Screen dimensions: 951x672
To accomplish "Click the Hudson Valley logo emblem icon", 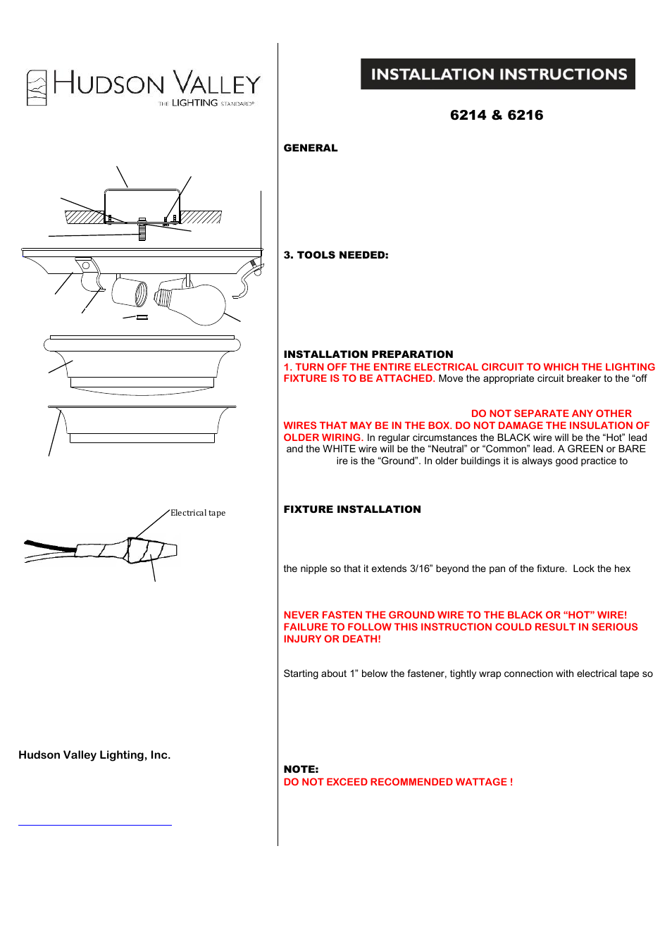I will (37, 88).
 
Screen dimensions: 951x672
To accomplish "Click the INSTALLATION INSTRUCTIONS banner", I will (498, 74).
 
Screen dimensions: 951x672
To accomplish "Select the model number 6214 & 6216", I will (497, 115).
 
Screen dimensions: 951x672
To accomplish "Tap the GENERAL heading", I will (311, 148).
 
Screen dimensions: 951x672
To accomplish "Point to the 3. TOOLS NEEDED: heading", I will (336, 255).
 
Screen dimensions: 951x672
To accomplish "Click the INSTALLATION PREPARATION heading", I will (368, 354).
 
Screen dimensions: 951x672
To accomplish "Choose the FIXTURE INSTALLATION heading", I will (352, 509).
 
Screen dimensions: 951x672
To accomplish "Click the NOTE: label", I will (301, 769).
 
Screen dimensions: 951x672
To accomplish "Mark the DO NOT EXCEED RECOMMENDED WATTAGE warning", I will (398, 782).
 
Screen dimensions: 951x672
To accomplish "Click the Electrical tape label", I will (198, 513).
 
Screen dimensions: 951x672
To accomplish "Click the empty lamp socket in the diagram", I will (130, 292).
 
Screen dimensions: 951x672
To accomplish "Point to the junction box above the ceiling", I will (142, 205).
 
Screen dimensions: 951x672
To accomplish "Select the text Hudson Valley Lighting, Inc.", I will (94, 755).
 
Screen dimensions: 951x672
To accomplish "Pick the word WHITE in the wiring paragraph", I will (340, 449).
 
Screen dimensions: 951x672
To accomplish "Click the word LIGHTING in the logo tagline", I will (195, 103).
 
